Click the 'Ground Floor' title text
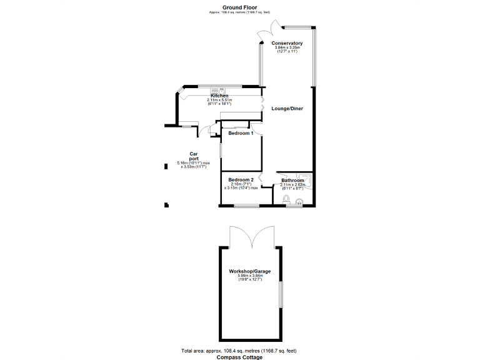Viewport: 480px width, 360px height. click(x=240, y=7)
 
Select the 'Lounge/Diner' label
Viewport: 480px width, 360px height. click(x=287, y=109)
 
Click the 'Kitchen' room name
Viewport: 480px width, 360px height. click(x=219, y=96)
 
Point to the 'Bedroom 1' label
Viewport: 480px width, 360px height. click(x=241, y=133)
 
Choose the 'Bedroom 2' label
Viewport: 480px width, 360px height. click(x=241, y=180)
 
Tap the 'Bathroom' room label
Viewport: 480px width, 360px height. click(x=292, y=181)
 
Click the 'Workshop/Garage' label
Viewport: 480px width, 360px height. click(x=249, y=271)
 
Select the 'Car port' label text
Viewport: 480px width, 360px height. click(x=194, y=156)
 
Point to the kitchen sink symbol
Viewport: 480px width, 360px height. click(x=215, y=89)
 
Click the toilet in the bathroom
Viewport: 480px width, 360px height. click(x=286, y=200)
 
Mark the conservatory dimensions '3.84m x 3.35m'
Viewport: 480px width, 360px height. click(x=287, y=47)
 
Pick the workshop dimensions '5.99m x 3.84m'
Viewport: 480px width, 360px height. click(x=249, y=276)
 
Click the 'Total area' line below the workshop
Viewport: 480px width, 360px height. click(x=240, y=351)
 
